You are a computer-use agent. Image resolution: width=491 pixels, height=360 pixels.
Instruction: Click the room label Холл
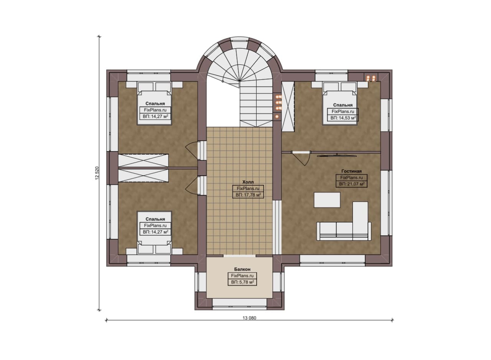click(x=248, y=182)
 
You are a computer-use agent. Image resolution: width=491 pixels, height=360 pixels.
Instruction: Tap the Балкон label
click(x=242, y=269)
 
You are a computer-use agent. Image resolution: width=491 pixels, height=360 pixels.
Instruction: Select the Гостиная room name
click(x=351, y=171)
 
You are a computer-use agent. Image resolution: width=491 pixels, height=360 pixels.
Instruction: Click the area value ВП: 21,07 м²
click(x=352, y=184)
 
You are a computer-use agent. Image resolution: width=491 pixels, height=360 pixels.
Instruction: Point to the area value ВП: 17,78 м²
click(x=248, y=195)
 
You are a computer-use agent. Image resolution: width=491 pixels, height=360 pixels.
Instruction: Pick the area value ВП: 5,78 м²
click(x=242, y=282)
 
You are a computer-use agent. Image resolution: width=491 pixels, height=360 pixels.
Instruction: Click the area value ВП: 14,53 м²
click(x=343, y=118)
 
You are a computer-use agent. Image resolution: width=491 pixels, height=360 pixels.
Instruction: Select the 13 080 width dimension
click(x=249, y=318)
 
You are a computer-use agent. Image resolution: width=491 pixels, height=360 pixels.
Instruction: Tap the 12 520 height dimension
click(x=97, y=173)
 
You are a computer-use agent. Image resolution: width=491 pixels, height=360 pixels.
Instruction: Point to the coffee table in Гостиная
click(x=327, y=200)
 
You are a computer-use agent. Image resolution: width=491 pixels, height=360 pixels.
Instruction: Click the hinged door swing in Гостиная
click(x=302, y=158)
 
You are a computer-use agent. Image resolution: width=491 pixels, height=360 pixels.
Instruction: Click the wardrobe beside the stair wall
click(x=288, y=107)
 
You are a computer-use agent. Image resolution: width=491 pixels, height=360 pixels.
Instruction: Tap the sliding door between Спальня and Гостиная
click(x=337, y=156)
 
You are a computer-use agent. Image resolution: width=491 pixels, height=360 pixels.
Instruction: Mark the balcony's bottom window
click(x=239, y=304)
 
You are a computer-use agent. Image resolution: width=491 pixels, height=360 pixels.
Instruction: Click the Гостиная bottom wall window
click(x=332, y=261)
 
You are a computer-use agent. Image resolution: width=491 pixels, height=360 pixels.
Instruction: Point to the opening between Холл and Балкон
click(x=239, y=255)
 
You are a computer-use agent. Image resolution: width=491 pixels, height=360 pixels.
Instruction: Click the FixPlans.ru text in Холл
click(x=248, y=189)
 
